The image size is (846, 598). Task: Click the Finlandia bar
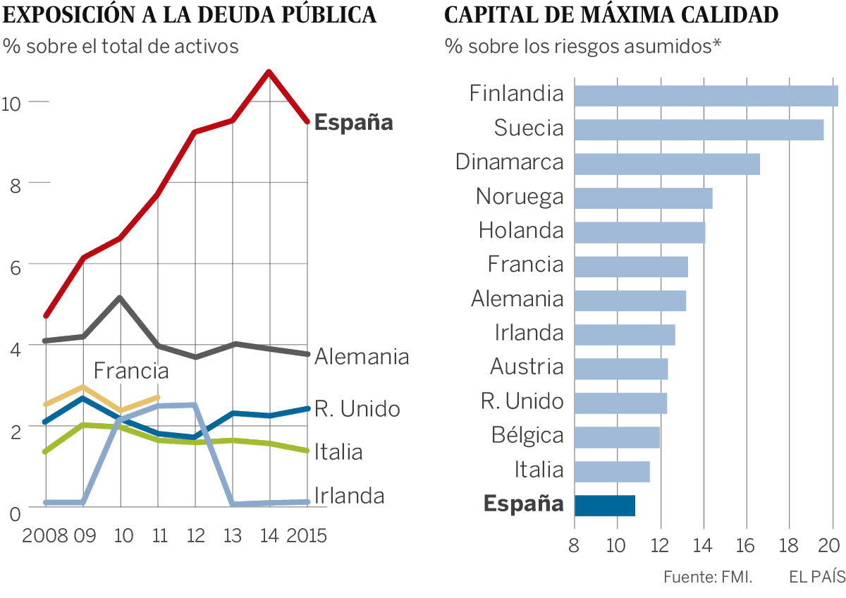point(705,95)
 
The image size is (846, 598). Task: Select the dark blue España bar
point(605,506)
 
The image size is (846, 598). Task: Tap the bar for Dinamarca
point(667,164)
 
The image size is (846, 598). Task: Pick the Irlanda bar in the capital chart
point(625,334)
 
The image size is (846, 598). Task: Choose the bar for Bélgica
point(617,437)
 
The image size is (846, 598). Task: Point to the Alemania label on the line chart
point(362,357)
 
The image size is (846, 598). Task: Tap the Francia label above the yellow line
point(131,371)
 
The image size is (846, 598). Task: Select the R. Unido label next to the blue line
point(357,409)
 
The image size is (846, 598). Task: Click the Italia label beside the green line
point(338,451)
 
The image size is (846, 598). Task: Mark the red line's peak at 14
point(269,71)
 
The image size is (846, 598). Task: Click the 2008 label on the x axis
point(44,535)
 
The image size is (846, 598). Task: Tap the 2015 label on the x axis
point(307,535)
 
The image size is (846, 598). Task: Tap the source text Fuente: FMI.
point(707,577)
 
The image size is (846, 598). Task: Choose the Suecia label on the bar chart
point(529,128)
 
